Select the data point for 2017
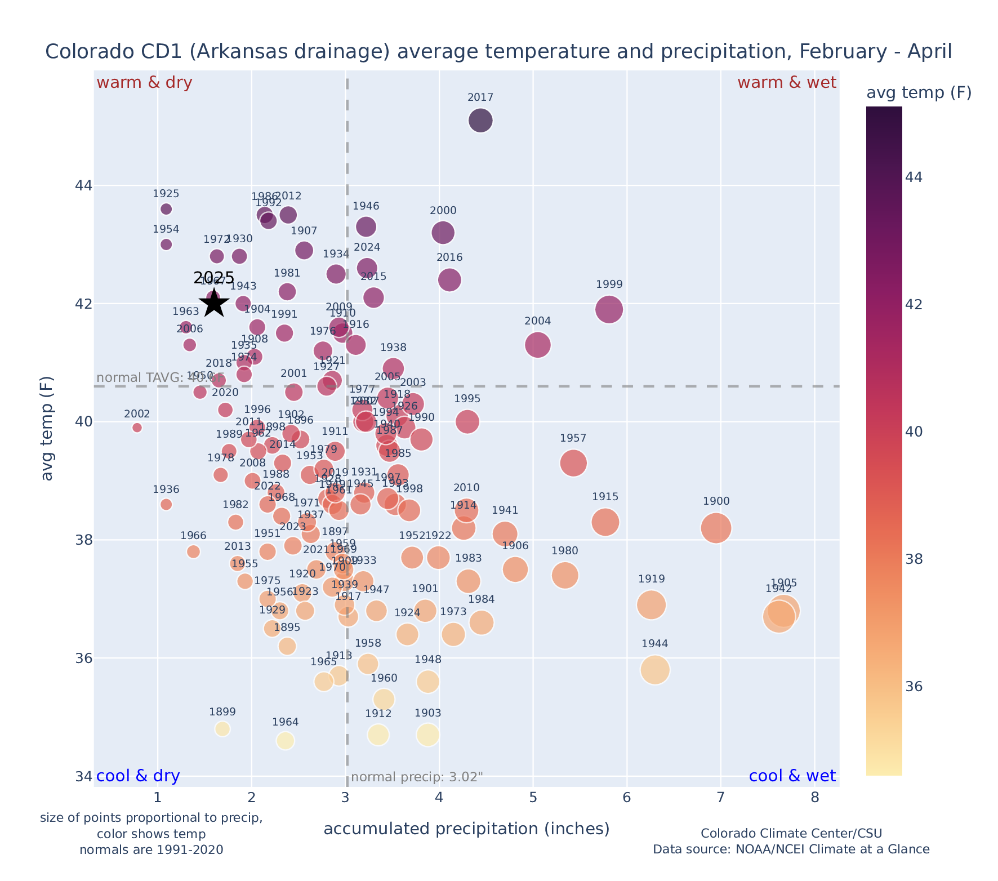[x=480, y=121]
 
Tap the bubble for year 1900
[x=716, y=528]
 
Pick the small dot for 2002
[x=137, y=428]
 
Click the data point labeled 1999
[x=609, y=309]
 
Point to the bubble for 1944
[x=654, y=670]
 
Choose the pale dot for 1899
[x=222, y=729]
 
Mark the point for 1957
[x=573, y=463]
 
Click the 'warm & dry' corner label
[x=144, y=83]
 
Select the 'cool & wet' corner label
[x=792, y=776]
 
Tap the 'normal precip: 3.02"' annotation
[x=417, y=778]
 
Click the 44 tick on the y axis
[x=83, y=185]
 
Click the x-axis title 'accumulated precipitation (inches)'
[x=466, y=829]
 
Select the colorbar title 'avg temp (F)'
[x=919, y=93]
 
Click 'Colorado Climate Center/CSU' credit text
[x=791, y=833]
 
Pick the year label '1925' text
[x=166, y=194]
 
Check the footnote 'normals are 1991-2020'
[x=151, y=849]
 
